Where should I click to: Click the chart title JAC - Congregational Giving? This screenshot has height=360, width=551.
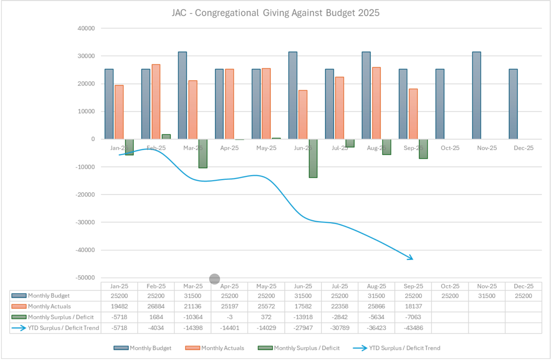tap(275, 13)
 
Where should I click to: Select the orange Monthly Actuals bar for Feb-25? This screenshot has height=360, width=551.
tap(156, 101)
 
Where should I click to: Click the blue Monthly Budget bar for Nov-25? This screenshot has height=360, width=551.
tap(476, 95)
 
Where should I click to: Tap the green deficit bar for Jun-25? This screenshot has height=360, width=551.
tap(313, 158)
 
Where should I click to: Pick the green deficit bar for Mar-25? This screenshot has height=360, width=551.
tap(203, 154)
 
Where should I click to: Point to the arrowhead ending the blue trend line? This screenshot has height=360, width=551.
tap(411, 258)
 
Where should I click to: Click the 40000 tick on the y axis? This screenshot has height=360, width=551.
tap(86, 28)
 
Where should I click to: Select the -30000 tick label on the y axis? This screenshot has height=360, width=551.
tap(85, 222)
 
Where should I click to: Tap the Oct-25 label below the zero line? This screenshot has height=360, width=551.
tap(450, 148)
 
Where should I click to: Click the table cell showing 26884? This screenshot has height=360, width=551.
tap(156, 306)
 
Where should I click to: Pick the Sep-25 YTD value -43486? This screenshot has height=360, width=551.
tap(413, 328)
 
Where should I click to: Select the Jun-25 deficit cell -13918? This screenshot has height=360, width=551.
tap(303, 317)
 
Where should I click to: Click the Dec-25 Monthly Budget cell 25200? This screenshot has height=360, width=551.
tap(523, 296)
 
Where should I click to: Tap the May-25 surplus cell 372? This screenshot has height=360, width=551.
tap(266, 317)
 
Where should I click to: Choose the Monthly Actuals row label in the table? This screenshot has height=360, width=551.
tap(49, 306)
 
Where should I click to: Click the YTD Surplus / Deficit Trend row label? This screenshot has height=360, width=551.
tap(63, 328)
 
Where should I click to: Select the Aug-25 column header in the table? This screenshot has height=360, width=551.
tap(376, 286)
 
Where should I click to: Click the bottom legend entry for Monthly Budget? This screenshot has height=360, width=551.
tap(150, 348)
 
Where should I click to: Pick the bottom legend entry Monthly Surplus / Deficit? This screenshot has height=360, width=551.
tap(306, 348)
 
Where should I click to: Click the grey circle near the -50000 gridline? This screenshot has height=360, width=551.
tap(215, 279)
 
